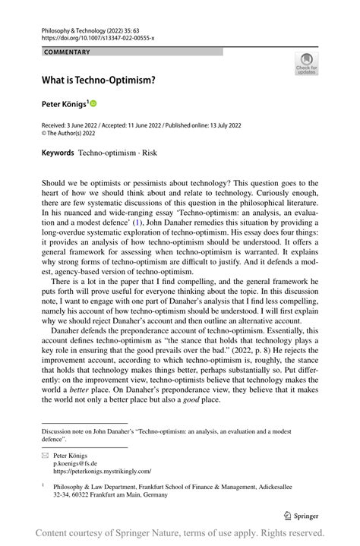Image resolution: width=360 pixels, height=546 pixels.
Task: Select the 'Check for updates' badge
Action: click(306, 63)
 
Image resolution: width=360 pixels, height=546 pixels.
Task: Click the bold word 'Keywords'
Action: click(58, 153)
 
